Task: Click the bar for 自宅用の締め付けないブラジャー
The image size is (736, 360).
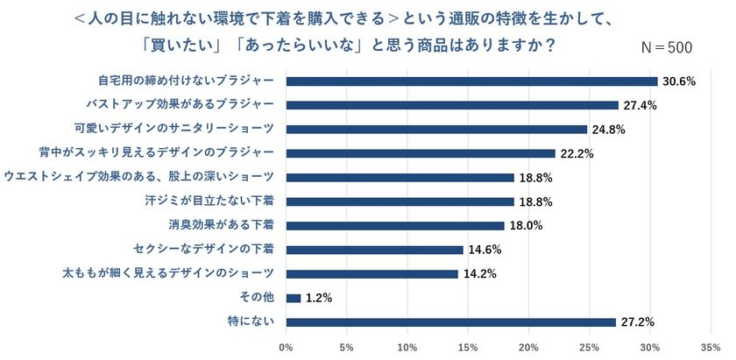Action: [x=471, y=81]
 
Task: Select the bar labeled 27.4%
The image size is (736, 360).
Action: [x=452, y=105]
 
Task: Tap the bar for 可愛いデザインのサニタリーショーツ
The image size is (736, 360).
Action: [x=436, y=130]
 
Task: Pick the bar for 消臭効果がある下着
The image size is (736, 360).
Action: [x=395, y=225]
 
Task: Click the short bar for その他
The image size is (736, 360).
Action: [x=294, y=298]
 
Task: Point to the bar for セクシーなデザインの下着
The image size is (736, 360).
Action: [x=374, y=250]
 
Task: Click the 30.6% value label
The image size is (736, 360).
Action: [x=679, y=81]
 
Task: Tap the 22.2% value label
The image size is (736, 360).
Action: [x=577, y=153]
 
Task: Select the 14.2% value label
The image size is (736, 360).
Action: [x=480, y=273]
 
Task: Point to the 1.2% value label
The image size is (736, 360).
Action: [x=320, y=298]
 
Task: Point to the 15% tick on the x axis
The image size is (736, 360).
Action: [x=468, y=348]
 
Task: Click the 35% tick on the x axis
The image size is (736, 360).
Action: [x=711, y=348]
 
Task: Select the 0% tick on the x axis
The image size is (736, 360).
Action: [x=286, y=348]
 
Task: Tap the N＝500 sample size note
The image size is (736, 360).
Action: [x=668, y=47]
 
